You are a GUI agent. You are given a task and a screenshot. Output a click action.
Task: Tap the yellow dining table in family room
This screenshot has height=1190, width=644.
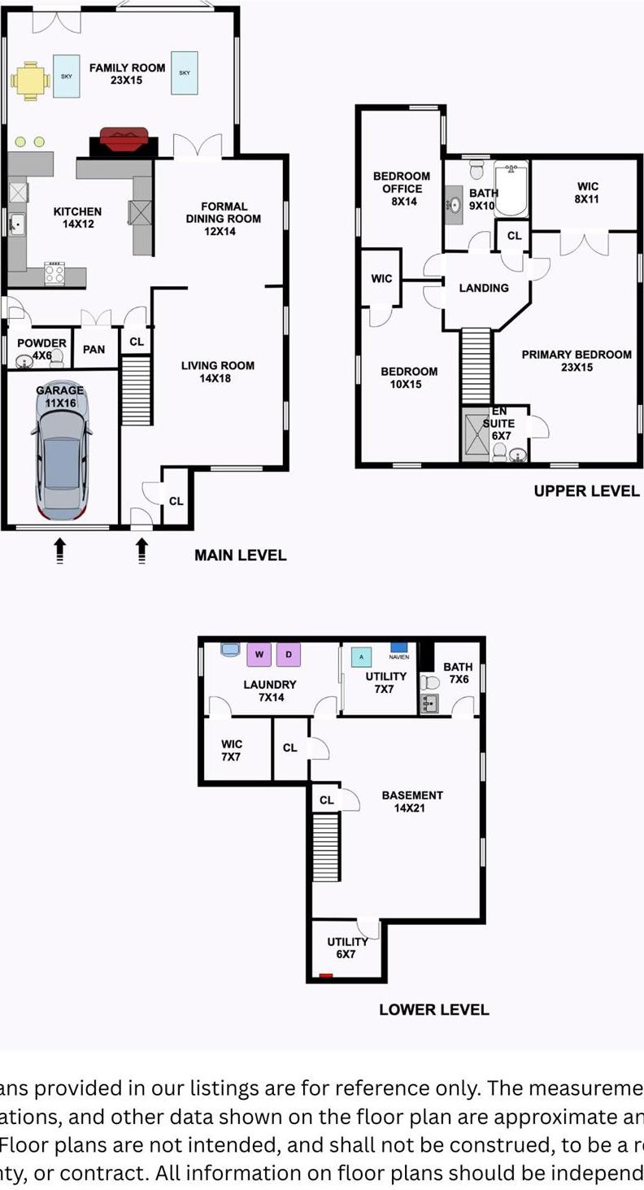click(x=30, y=81)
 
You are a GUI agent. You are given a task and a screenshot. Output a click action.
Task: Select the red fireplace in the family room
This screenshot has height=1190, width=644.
click(x=123, y=140)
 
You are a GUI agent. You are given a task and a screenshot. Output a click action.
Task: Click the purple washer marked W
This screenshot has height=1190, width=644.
click(x=259, y=654)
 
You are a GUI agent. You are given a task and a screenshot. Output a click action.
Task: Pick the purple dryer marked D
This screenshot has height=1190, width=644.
click(x=288, y=654)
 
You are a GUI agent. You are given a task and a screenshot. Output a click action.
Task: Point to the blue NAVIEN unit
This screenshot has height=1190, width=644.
click(x=398, y=647)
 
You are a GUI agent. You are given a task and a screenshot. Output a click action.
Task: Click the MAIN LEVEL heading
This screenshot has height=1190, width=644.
click(x=240, y=556)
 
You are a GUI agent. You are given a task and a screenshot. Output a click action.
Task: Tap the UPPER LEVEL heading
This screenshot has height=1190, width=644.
click(x=586, y=491)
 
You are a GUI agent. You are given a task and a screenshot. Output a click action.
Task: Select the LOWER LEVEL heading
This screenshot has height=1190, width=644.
click(x=433, y=1009)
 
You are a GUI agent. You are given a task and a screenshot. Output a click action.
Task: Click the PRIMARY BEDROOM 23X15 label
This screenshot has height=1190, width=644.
click(x=576, y=360)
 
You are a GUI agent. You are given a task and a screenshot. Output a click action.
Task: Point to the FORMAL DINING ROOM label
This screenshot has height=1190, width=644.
click(x=223, y=219)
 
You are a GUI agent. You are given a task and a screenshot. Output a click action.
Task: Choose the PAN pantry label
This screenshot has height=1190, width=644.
click(x=94, y=349)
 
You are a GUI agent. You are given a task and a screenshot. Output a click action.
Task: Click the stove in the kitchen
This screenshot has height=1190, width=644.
click(x=54, y=272)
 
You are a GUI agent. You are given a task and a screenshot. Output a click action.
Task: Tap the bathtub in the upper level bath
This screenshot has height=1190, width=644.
click(x=511, y=190)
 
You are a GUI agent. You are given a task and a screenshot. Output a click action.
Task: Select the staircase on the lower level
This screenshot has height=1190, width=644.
click(x=325, y=847)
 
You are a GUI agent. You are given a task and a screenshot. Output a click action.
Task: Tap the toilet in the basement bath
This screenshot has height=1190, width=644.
click(x=429, y=682)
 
